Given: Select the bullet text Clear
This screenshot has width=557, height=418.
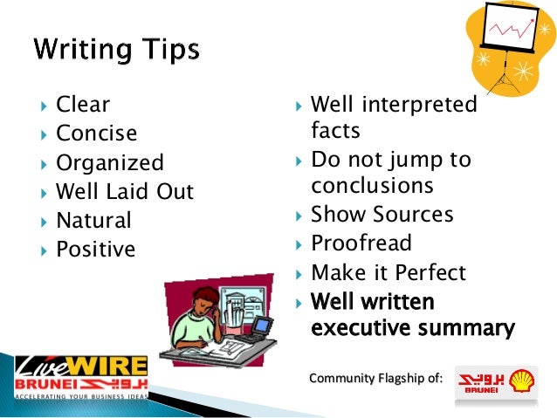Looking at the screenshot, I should point(83,105).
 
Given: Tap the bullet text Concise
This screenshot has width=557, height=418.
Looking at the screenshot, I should point(96,134).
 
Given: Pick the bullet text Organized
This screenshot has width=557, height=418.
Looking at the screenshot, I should point(109,162).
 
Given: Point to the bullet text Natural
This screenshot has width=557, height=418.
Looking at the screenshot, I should point(93,220).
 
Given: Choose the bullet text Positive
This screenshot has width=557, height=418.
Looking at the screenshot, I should point(95,250).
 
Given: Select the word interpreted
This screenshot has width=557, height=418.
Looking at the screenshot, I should point(420,105).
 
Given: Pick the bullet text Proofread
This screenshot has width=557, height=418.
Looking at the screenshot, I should point(361,243).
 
